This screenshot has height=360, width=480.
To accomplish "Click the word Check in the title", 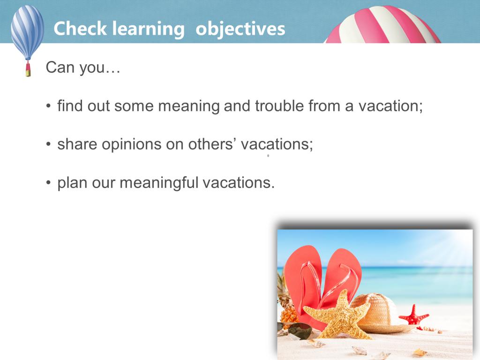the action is click(x=80, y=29).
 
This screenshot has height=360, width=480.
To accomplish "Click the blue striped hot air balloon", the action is click(x=27, y=32).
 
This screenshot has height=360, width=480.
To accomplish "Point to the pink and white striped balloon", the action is click(x=382, y=24).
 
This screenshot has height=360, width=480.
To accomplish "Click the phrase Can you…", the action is click(x=83, y=67).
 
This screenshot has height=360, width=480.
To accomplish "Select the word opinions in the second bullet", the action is click(x=132, y=144).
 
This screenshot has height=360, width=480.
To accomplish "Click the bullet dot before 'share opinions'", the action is click(x=48, y=144).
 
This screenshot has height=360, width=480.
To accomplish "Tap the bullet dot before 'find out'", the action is click(x=48, y=106).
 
